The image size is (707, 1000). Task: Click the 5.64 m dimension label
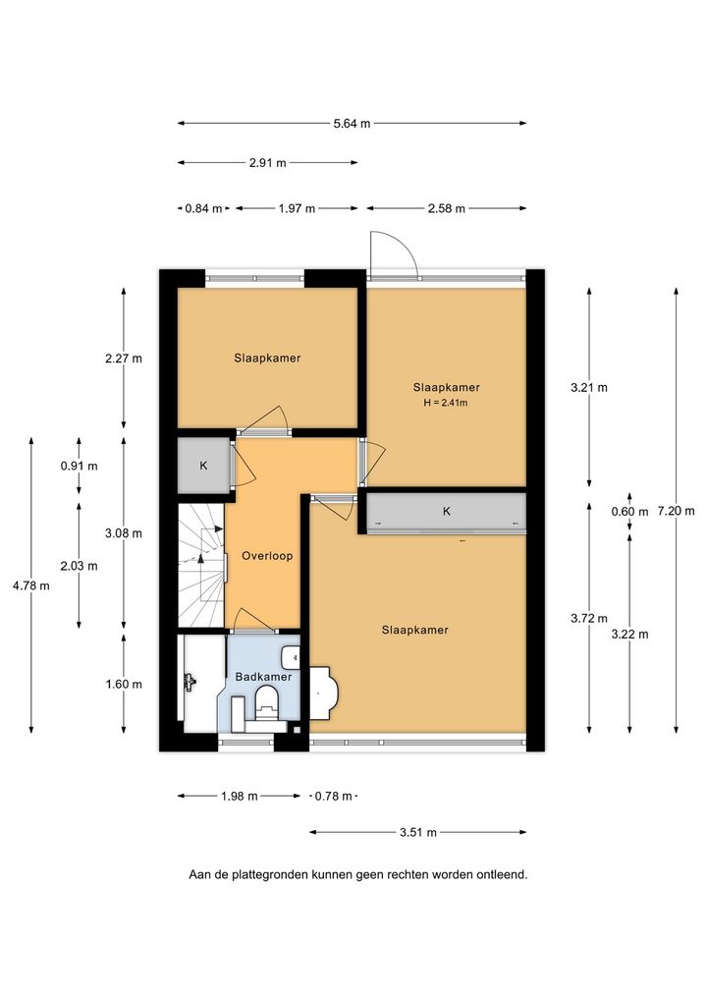352,124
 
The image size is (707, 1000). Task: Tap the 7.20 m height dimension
676,510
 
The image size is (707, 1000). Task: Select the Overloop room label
267,556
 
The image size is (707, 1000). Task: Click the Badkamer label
263,677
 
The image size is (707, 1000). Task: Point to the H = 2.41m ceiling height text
446,403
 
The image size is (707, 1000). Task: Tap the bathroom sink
292,657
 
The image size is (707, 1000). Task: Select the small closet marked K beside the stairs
203,466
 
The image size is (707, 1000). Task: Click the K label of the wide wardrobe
446,511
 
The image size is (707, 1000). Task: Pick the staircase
201,565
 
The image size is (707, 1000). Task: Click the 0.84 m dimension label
204,208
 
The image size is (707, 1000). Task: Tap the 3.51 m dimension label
418,832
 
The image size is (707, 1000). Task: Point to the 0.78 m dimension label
334,796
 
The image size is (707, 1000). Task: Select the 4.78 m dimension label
31,585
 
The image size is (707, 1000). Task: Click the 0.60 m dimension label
629,512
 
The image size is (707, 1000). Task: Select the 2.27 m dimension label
124,359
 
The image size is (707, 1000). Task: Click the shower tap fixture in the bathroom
190,682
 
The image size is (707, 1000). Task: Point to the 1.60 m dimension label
124,685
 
